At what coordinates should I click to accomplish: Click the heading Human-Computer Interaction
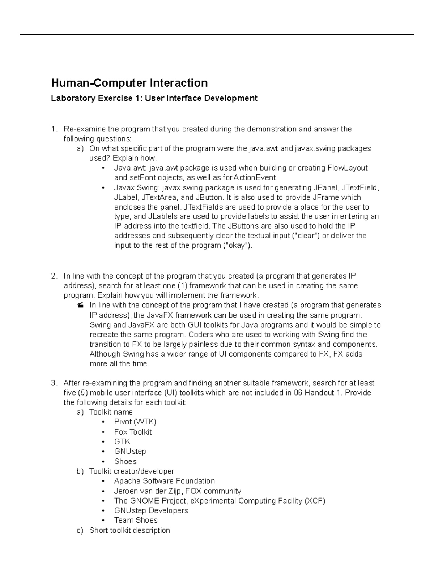pyautogui.click(x=129, y=83)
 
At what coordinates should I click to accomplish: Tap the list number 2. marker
pyautogui.click(x=54, y=276)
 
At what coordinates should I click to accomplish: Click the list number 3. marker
pyautogui.click(x=54, y=383)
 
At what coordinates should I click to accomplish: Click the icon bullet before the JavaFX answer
pyautogui.click(x=80, y=306)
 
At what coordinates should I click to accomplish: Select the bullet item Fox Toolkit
pyautogui.click(x=133, y=432)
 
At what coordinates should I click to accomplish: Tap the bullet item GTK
pyautogui.click(x=122, y=442)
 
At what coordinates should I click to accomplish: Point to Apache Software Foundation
pyautogui.click(x=164, y=481)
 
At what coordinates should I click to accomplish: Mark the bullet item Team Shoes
pyautogui.click(x=136, y=521)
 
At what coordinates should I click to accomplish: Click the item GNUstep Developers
pyautogui.click(x=151, y=511)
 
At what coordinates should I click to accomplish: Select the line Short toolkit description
pyautogui.click(x=129, y=531)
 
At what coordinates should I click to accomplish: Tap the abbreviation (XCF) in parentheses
pyautogui.click(x=315, y=501)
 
